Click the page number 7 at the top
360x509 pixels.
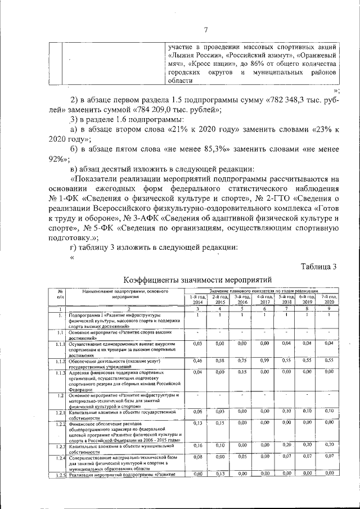pos(206,30)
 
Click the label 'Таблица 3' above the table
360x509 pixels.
pos(318,266)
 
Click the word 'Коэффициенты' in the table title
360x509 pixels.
pos(151,279)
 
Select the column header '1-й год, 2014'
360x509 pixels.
pos(198,299)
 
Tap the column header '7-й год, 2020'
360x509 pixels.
pos(329,299)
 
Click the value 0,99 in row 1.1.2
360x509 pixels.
pos(264,359)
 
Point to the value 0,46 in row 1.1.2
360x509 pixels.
pos(198,359)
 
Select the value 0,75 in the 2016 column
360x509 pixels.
pos(241,359)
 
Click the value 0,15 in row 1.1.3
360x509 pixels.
pos(241,372)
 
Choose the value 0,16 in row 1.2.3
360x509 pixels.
pos(198,445)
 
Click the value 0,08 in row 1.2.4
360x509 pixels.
pos(198,457)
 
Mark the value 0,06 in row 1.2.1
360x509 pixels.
pos(198,412)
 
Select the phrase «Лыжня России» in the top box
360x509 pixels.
pos(196,56)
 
